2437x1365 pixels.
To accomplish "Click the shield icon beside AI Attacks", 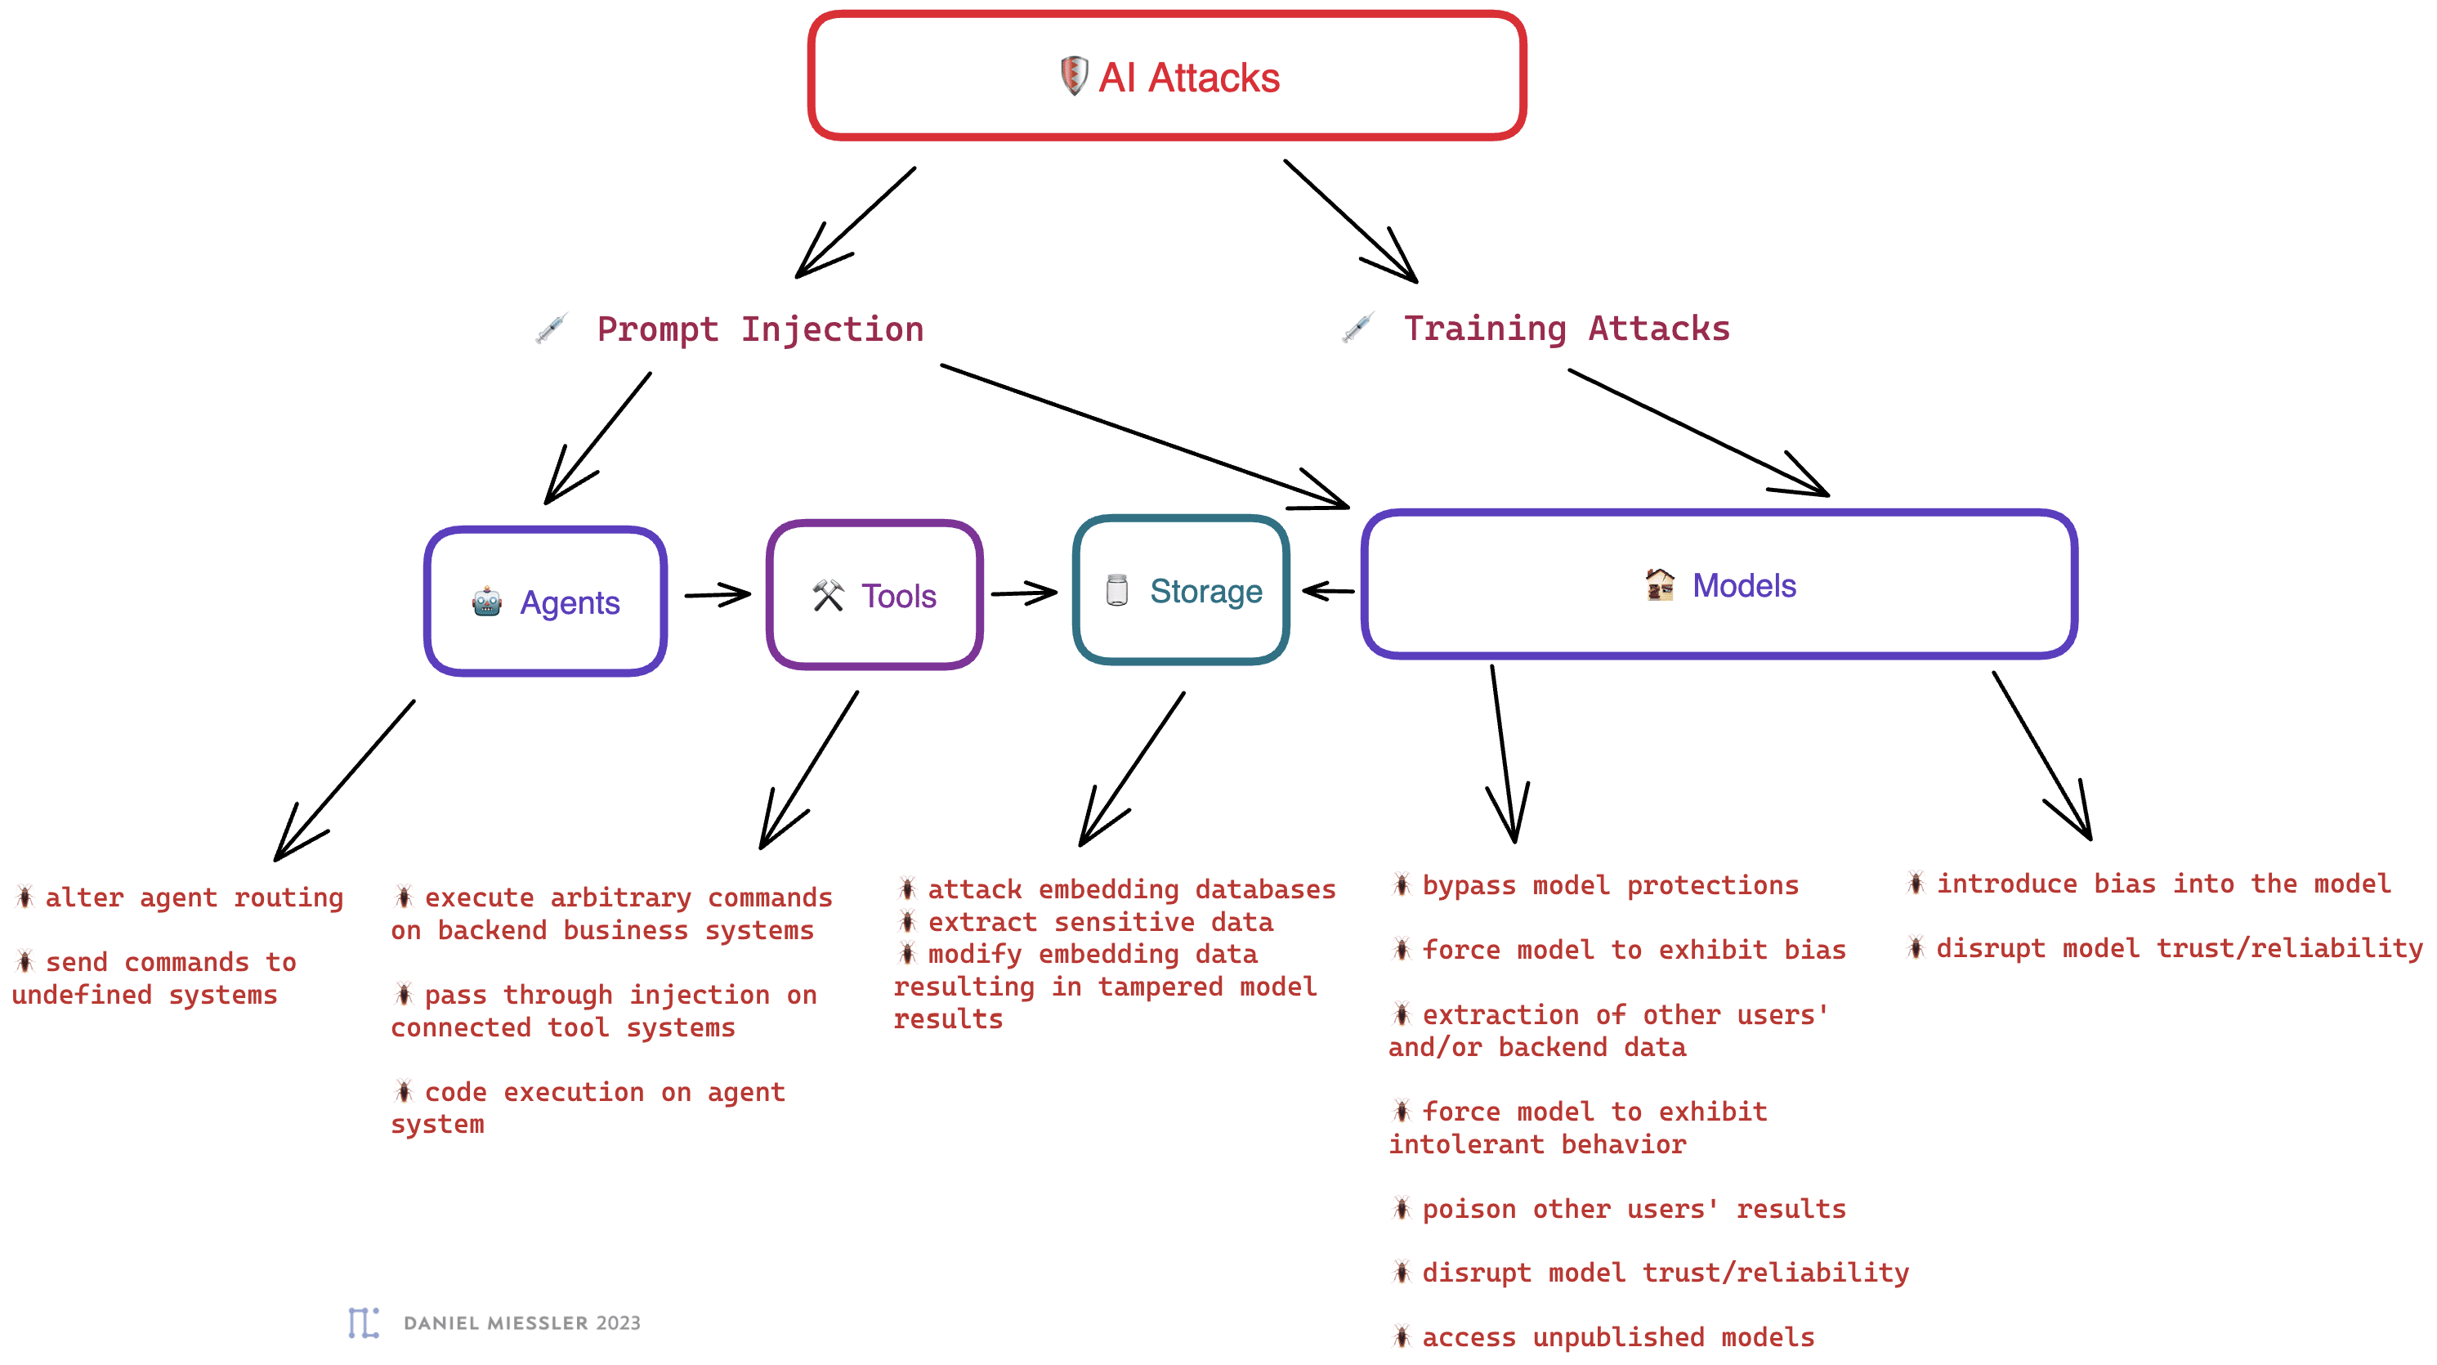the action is coord(1073,76).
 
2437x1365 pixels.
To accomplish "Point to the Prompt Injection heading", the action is coord(760,329).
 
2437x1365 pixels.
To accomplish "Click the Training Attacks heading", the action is coord(1567,329).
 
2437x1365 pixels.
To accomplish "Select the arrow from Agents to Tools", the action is coord(717,595).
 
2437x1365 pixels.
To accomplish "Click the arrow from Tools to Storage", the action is coord(1024,593).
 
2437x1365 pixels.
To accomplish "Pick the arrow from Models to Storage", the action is coord(1328,591).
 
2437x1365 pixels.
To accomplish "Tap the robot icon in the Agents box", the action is coord(486,602).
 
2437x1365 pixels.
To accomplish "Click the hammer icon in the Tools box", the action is coord(828,595).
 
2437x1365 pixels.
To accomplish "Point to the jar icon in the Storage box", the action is coord(1116,590).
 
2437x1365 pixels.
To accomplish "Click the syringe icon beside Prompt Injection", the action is coord(552,329).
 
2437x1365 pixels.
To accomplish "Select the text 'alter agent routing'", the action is coord(194,897).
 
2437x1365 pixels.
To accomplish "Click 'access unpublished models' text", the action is coord(1618,1336).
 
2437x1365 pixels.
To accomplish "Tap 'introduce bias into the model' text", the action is coord(2163,884).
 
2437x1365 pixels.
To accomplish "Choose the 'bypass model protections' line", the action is coord(1610,885).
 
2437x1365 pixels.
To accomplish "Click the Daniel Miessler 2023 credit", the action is coord(522,1322).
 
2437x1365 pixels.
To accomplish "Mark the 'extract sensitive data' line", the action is coord(1100,921).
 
